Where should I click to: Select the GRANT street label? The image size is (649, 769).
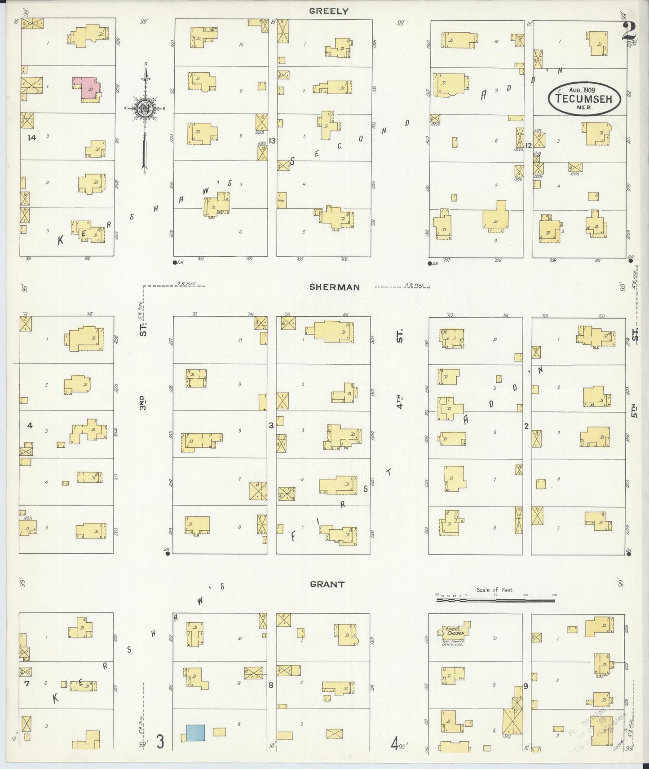327,584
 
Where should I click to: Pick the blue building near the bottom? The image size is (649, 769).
195,733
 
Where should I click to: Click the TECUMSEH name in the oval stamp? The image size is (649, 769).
584,99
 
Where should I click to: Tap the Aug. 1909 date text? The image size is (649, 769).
584,90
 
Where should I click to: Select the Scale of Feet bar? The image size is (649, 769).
496,599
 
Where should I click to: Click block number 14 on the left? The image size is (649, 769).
31,138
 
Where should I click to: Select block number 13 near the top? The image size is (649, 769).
272,140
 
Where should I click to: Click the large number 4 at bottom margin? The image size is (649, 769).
394,745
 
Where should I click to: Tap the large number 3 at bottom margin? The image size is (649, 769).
160,742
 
